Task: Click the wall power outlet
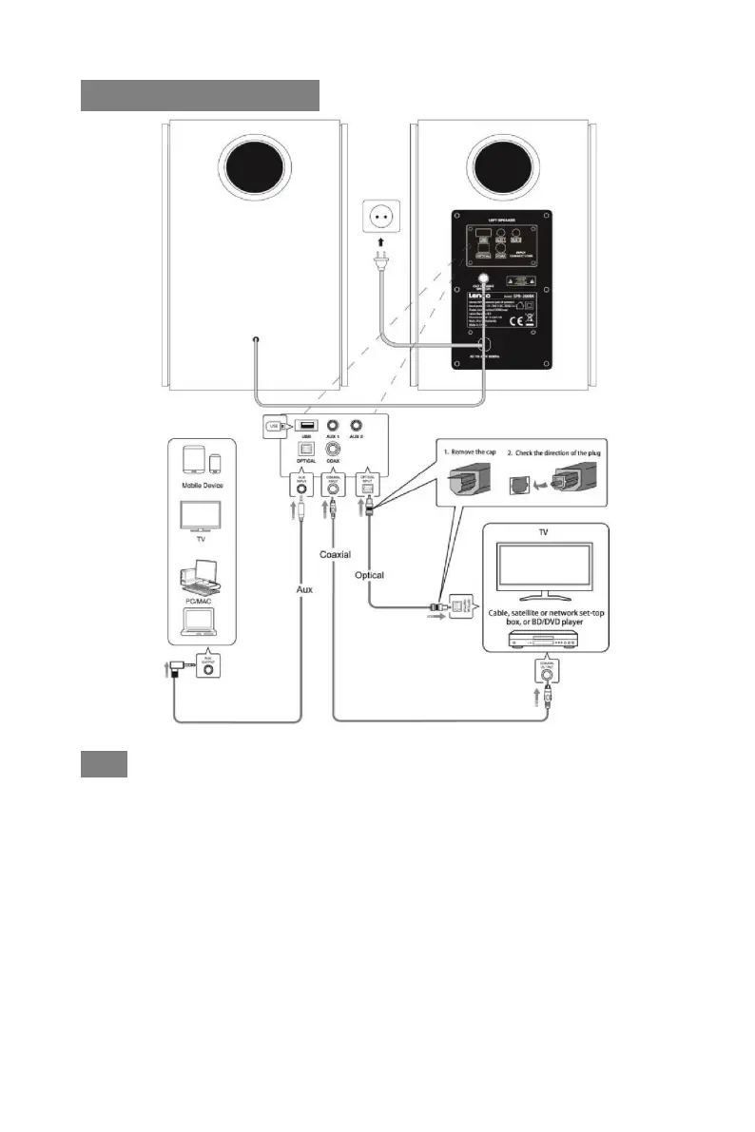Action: (378, 217)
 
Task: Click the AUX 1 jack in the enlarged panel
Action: (334, 428)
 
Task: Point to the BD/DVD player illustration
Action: (538, 643)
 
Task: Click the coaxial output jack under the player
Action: (547, 681)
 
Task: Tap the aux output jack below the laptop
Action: (208, 668)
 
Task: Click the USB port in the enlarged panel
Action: (306, 427)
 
